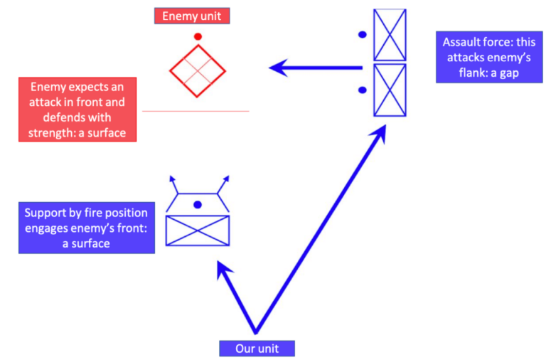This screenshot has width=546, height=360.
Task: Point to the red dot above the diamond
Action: point(198,36)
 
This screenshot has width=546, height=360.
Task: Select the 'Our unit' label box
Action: point(256,349)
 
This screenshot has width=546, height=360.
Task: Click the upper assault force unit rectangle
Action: point(390,35)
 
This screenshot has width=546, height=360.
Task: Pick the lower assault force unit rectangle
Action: point(390,90)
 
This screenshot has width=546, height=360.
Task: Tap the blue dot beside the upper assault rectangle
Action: point(363,34)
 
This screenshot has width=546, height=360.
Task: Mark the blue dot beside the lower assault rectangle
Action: point(363,90)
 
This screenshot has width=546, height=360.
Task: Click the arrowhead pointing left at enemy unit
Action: point(279,68)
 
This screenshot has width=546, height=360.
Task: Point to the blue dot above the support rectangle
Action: point(198,205)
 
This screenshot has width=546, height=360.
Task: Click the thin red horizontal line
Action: point(196,111)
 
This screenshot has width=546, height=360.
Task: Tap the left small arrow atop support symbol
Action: point(171,179)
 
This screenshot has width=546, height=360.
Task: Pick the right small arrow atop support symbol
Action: point(225,179)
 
